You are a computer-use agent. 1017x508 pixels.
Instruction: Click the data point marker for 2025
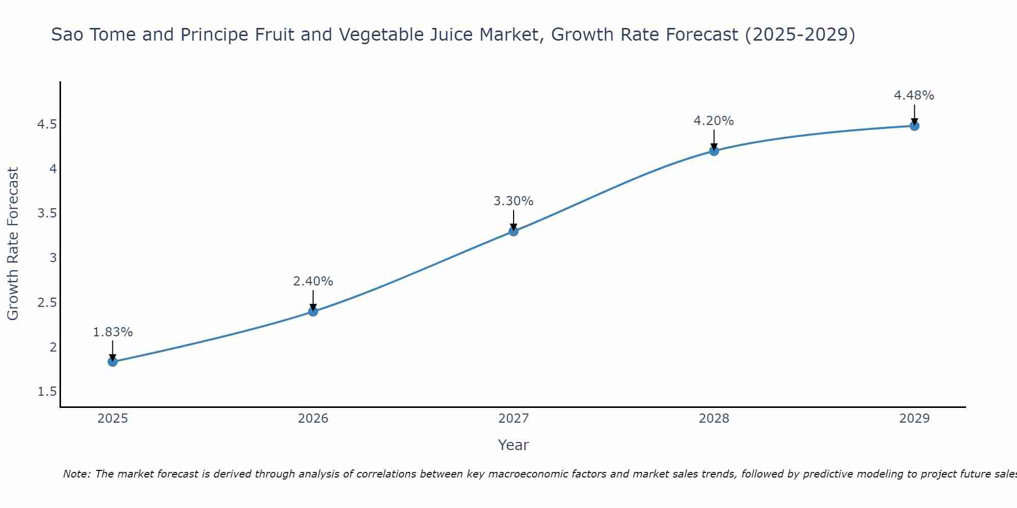coord(112,362)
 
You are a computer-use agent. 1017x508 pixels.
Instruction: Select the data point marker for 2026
coord(313,311)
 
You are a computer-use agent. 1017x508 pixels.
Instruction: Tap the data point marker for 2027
coord(514,231)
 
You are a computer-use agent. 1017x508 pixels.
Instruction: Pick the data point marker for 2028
coord(714,151)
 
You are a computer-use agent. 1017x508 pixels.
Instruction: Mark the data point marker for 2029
coord(914,126)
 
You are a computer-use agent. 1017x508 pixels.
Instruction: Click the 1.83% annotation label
coord(113,332)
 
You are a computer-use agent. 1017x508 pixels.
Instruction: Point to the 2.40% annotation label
coord(313,281)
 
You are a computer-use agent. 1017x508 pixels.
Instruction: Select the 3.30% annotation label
coord(514,201)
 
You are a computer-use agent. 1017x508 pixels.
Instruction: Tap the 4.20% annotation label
coord(714,121)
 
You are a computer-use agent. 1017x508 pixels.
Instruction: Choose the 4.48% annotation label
coord(914,96)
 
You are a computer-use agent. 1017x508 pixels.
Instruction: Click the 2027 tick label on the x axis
coord(514,419)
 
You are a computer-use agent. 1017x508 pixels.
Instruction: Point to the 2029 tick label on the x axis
coord(914,419)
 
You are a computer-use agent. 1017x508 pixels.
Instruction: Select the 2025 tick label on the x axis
coord(113,419)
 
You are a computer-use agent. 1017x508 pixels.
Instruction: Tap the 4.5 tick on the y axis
coord(47,124)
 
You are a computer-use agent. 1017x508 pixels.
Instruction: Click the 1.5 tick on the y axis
coord(47,392)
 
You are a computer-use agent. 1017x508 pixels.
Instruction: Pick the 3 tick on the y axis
coord(53,258)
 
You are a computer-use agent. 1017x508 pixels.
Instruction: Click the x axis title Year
coord(514,445)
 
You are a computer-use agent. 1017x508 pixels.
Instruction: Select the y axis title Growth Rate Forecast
coord(13,244)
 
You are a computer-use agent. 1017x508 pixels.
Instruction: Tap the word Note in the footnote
coord(76,474)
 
